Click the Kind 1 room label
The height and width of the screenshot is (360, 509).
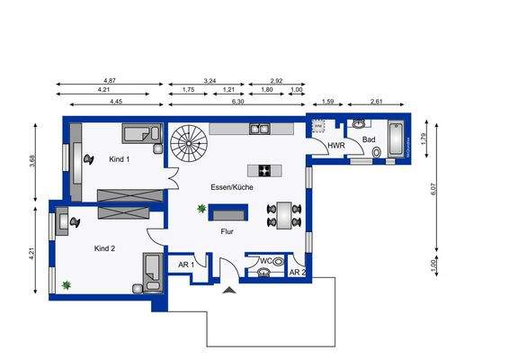coord(120,159)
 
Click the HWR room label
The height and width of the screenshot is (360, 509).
coord(336,145)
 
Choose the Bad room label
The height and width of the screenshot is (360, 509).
coord(369,140)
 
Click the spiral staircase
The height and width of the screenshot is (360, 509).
coord(190,140)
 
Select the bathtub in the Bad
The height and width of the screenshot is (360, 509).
coord(396,142)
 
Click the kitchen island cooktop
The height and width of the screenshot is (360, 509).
coord(265,169)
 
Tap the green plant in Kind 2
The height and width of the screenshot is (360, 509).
coord(66,285)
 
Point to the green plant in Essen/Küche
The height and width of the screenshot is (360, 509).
coord(201,209)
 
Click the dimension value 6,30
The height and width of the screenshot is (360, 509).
coord(237,103)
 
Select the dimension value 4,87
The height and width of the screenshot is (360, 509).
coord(111,81)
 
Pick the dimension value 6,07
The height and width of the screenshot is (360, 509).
coord(433,190)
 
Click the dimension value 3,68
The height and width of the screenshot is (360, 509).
coord(32,162)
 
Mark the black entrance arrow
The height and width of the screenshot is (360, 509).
coord(231,289)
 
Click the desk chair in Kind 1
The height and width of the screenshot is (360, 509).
coord(88,157)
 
